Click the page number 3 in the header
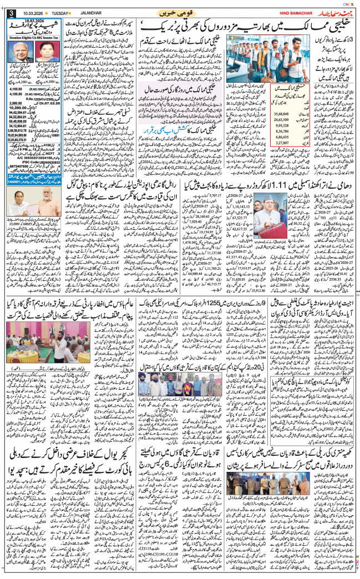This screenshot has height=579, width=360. point(11,13)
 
